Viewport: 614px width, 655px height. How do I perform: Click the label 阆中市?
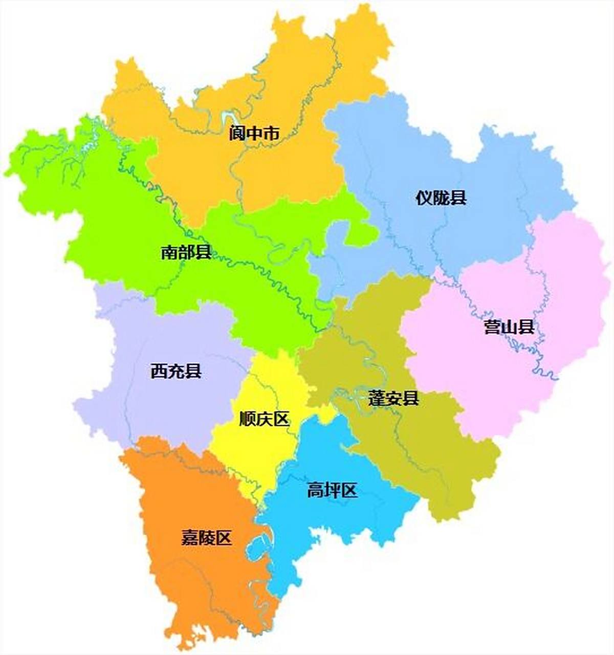pyautogui.click(x=254, y=134)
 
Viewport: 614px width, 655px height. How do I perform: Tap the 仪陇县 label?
pyautogui.click(x=441, y=198)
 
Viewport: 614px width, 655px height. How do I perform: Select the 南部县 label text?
pyautogui.click(x=186, y=252)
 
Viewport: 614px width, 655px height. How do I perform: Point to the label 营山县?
pyautogui.click(x=510, y=327)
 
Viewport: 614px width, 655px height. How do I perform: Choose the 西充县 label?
pyautogui.click(x=176, y=371)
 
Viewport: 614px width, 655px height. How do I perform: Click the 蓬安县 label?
pyautogui.click(x=393, y=398)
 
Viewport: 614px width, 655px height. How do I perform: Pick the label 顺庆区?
pyautogui.click(x=265, y=420)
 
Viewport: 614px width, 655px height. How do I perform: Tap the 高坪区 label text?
pyautogui.click(x=332, y=490)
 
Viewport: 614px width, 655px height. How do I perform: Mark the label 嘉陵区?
pyautogui.click(x=207, y=538)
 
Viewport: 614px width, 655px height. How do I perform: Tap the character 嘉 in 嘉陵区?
pyautogui.click(x=190, y=538)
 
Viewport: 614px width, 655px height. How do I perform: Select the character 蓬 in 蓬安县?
pyautogui.click(x=377, y=398)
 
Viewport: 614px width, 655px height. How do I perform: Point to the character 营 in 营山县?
pyautogui.click(x=493, y=327)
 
